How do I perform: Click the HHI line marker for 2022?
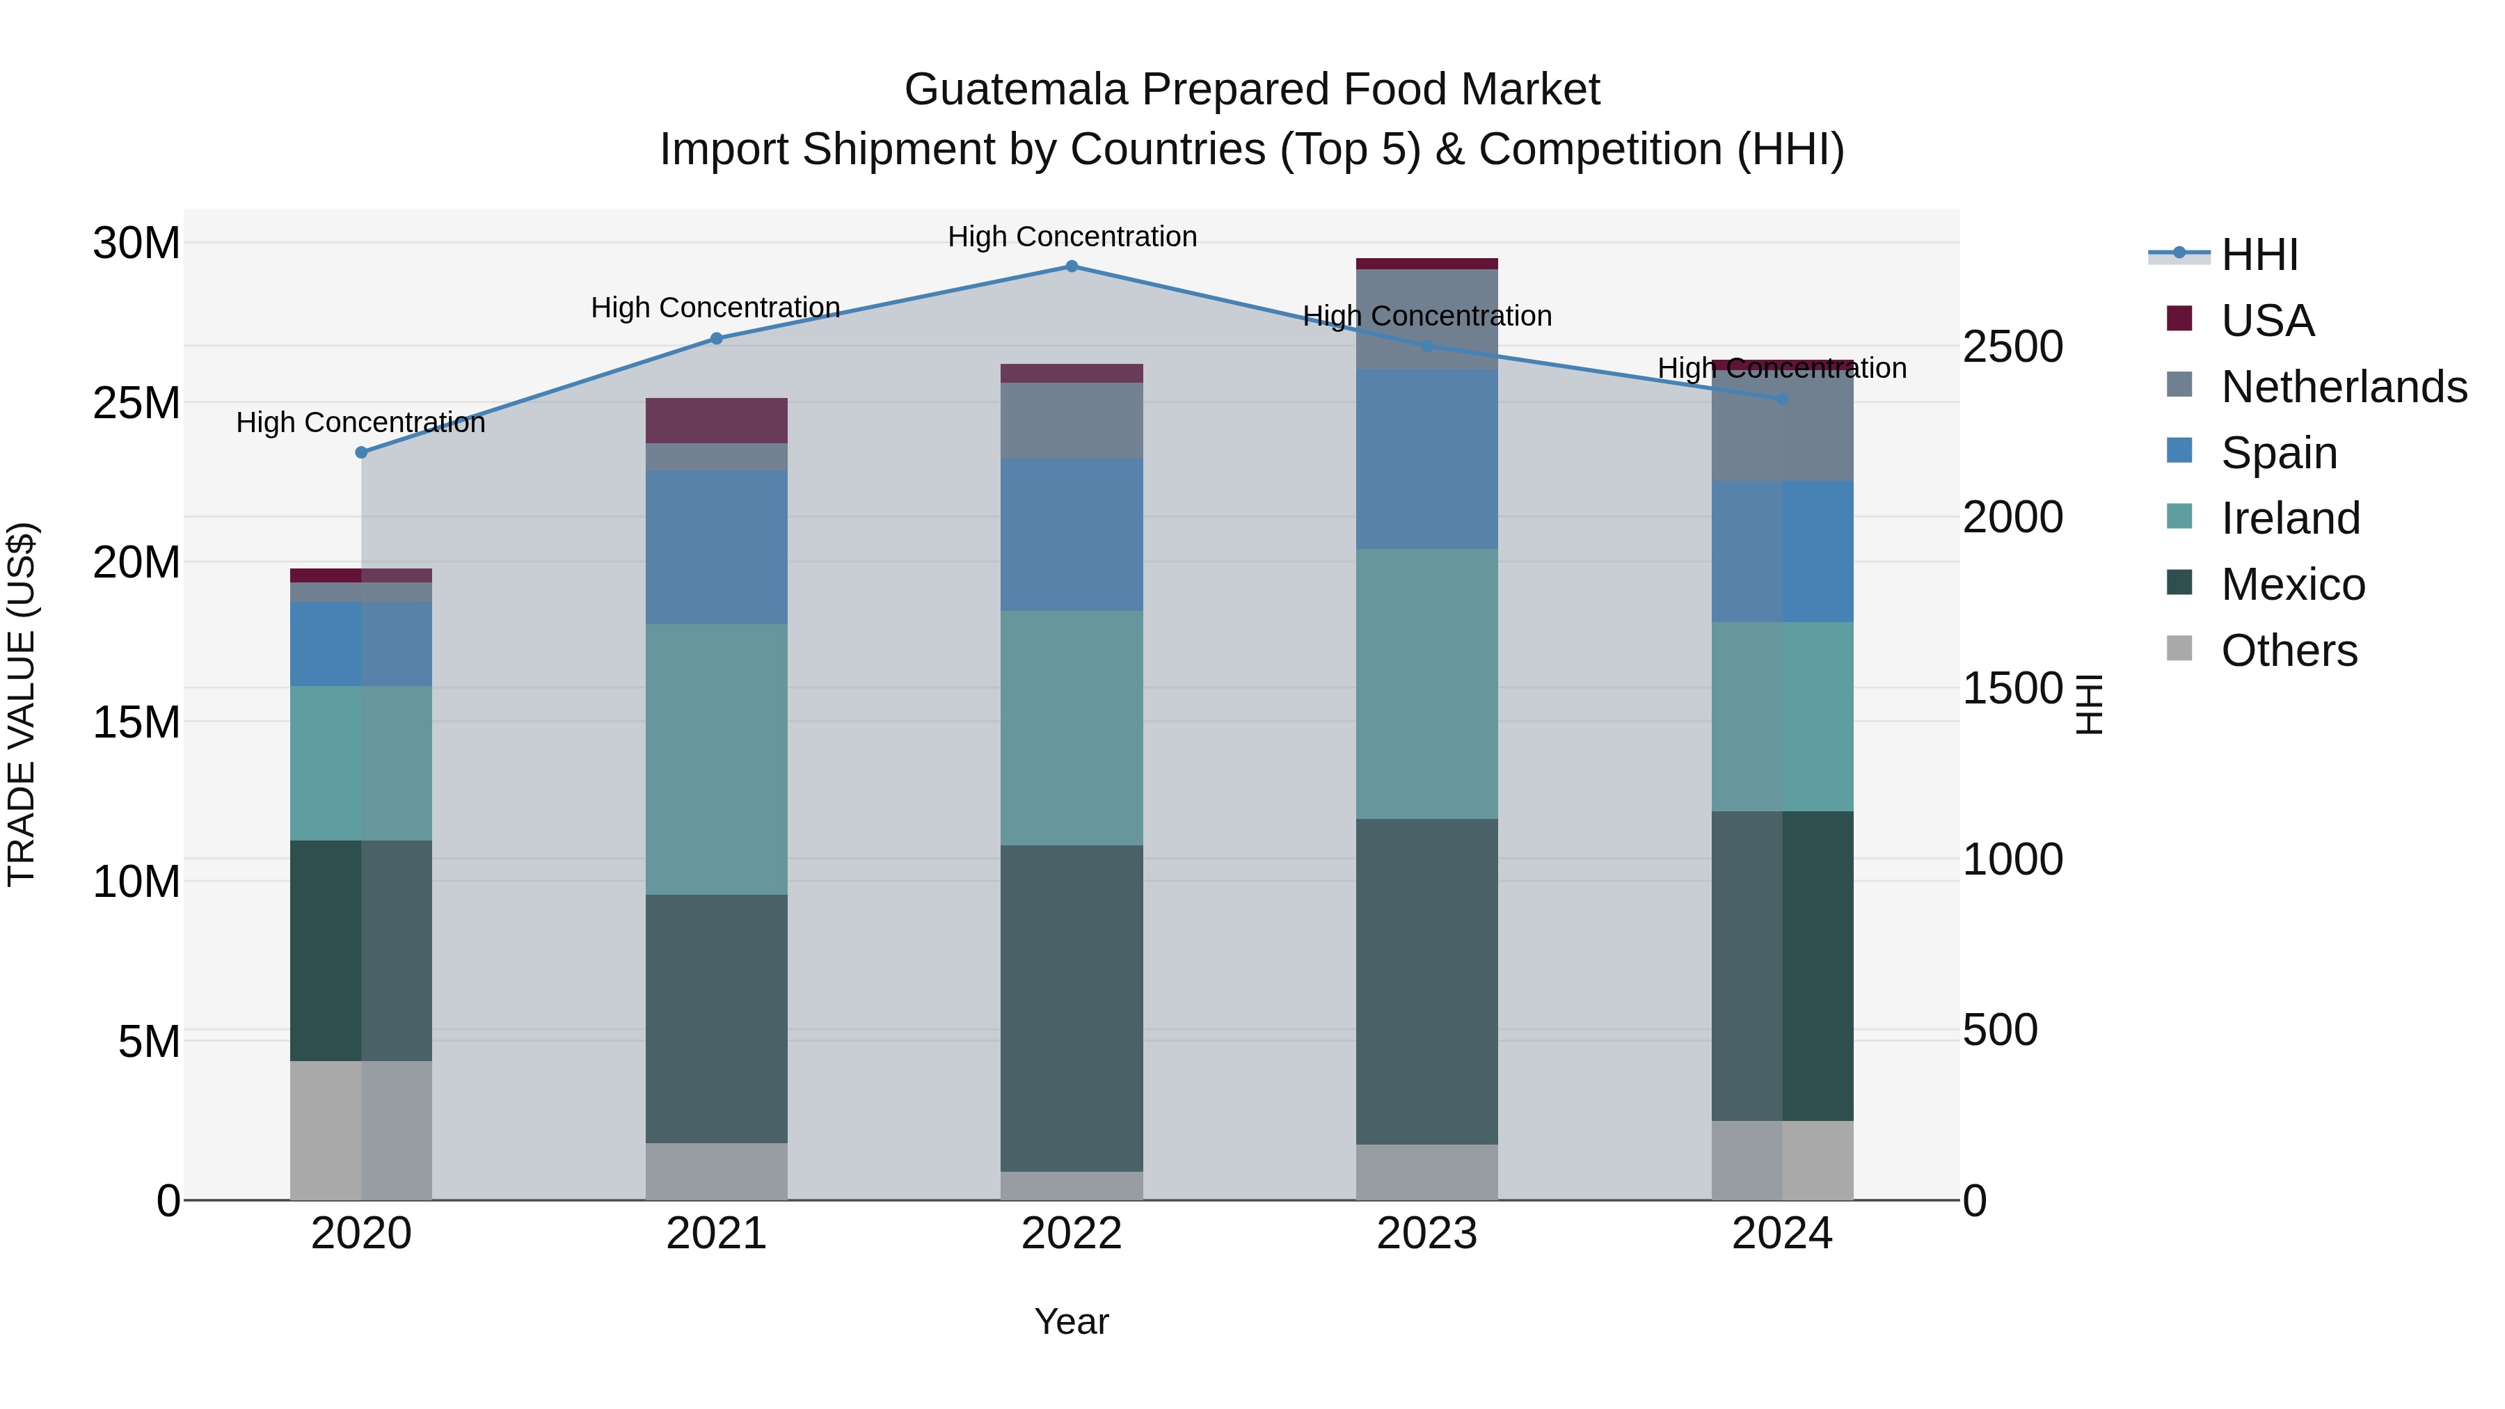1072,266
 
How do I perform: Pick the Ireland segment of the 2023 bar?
1426,683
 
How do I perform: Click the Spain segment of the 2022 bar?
1072,535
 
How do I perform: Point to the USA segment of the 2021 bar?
717,420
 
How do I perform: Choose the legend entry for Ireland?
2290,518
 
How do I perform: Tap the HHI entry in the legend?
2259,255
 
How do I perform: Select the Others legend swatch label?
2288,651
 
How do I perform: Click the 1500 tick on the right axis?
2012,688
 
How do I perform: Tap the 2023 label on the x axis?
1426,1234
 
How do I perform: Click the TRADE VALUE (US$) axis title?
22,704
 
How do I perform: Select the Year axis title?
1072,1321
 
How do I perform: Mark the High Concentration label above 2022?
1072,237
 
